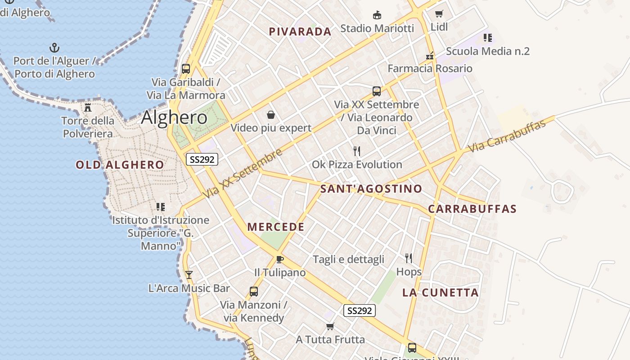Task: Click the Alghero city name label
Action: (x=174, y=117)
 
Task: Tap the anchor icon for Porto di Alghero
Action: (x=54, y=47)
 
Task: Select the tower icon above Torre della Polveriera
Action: (x=88, y=108)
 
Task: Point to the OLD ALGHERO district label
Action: (x=120, y=165)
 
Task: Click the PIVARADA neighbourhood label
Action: (x=300, y=31)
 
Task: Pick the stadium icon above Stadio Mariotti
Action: (x=377, y=15)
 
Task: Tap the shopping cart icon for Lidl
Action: (x=439, y=14)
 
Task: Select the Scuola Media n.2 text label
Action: (x=488, y=51)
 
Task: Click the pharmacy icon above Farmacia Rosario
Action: (x=430, y=56)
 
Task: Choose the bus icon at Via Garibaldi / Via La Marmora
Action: (x=186, y=69)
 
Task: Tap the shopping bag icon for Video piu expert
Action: (x=271, y=115)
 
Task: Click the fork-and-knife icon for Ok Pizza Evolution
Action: (x=357, y=151)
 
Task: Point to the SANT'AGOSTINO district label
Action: (x=371, y=189)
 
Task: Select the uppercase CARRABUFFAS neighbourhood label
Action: (x=472, y=209)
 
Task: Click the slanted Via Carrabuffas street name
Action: (x=507, y=136)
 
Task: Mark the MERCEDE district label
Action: (x=276, y=227)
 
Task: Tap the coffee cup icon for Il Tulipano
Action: (x=279, y=259)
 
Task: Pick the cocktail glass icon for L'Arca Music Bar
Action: (x=189, y=274)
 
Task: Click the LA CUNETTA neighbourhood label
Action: (x=440, y=292)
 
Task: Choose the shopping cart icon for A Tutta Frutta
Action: (x=330, y=326)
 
